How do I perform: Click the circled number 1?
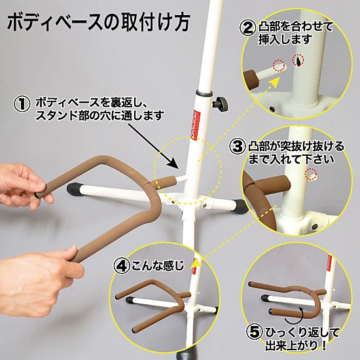pos(22,104)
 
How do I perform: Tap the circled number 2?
pos(247,28)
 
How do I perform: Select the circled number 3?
pos(238,146)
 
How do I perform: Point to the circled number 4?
pos(122,266)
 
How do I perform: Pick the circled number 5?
pos(255,333)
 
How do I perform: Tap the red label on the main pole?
pos(196,124)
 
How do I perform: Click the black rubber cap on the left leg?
pos(73,189)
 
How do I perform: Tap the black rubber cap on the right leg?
pos(241,206)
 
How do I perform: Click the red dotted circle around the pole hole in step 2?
pos(298,60)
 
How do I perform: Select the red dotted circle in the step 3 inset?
pos(311,173)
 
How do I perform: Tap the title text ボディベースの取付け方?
pos(99,22)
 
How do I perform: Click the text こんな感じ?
pos(158,266)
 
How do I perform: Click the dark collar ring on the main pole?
pos(204,93)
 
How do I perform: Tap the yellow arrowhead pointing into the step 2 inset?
pos(275,82)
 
